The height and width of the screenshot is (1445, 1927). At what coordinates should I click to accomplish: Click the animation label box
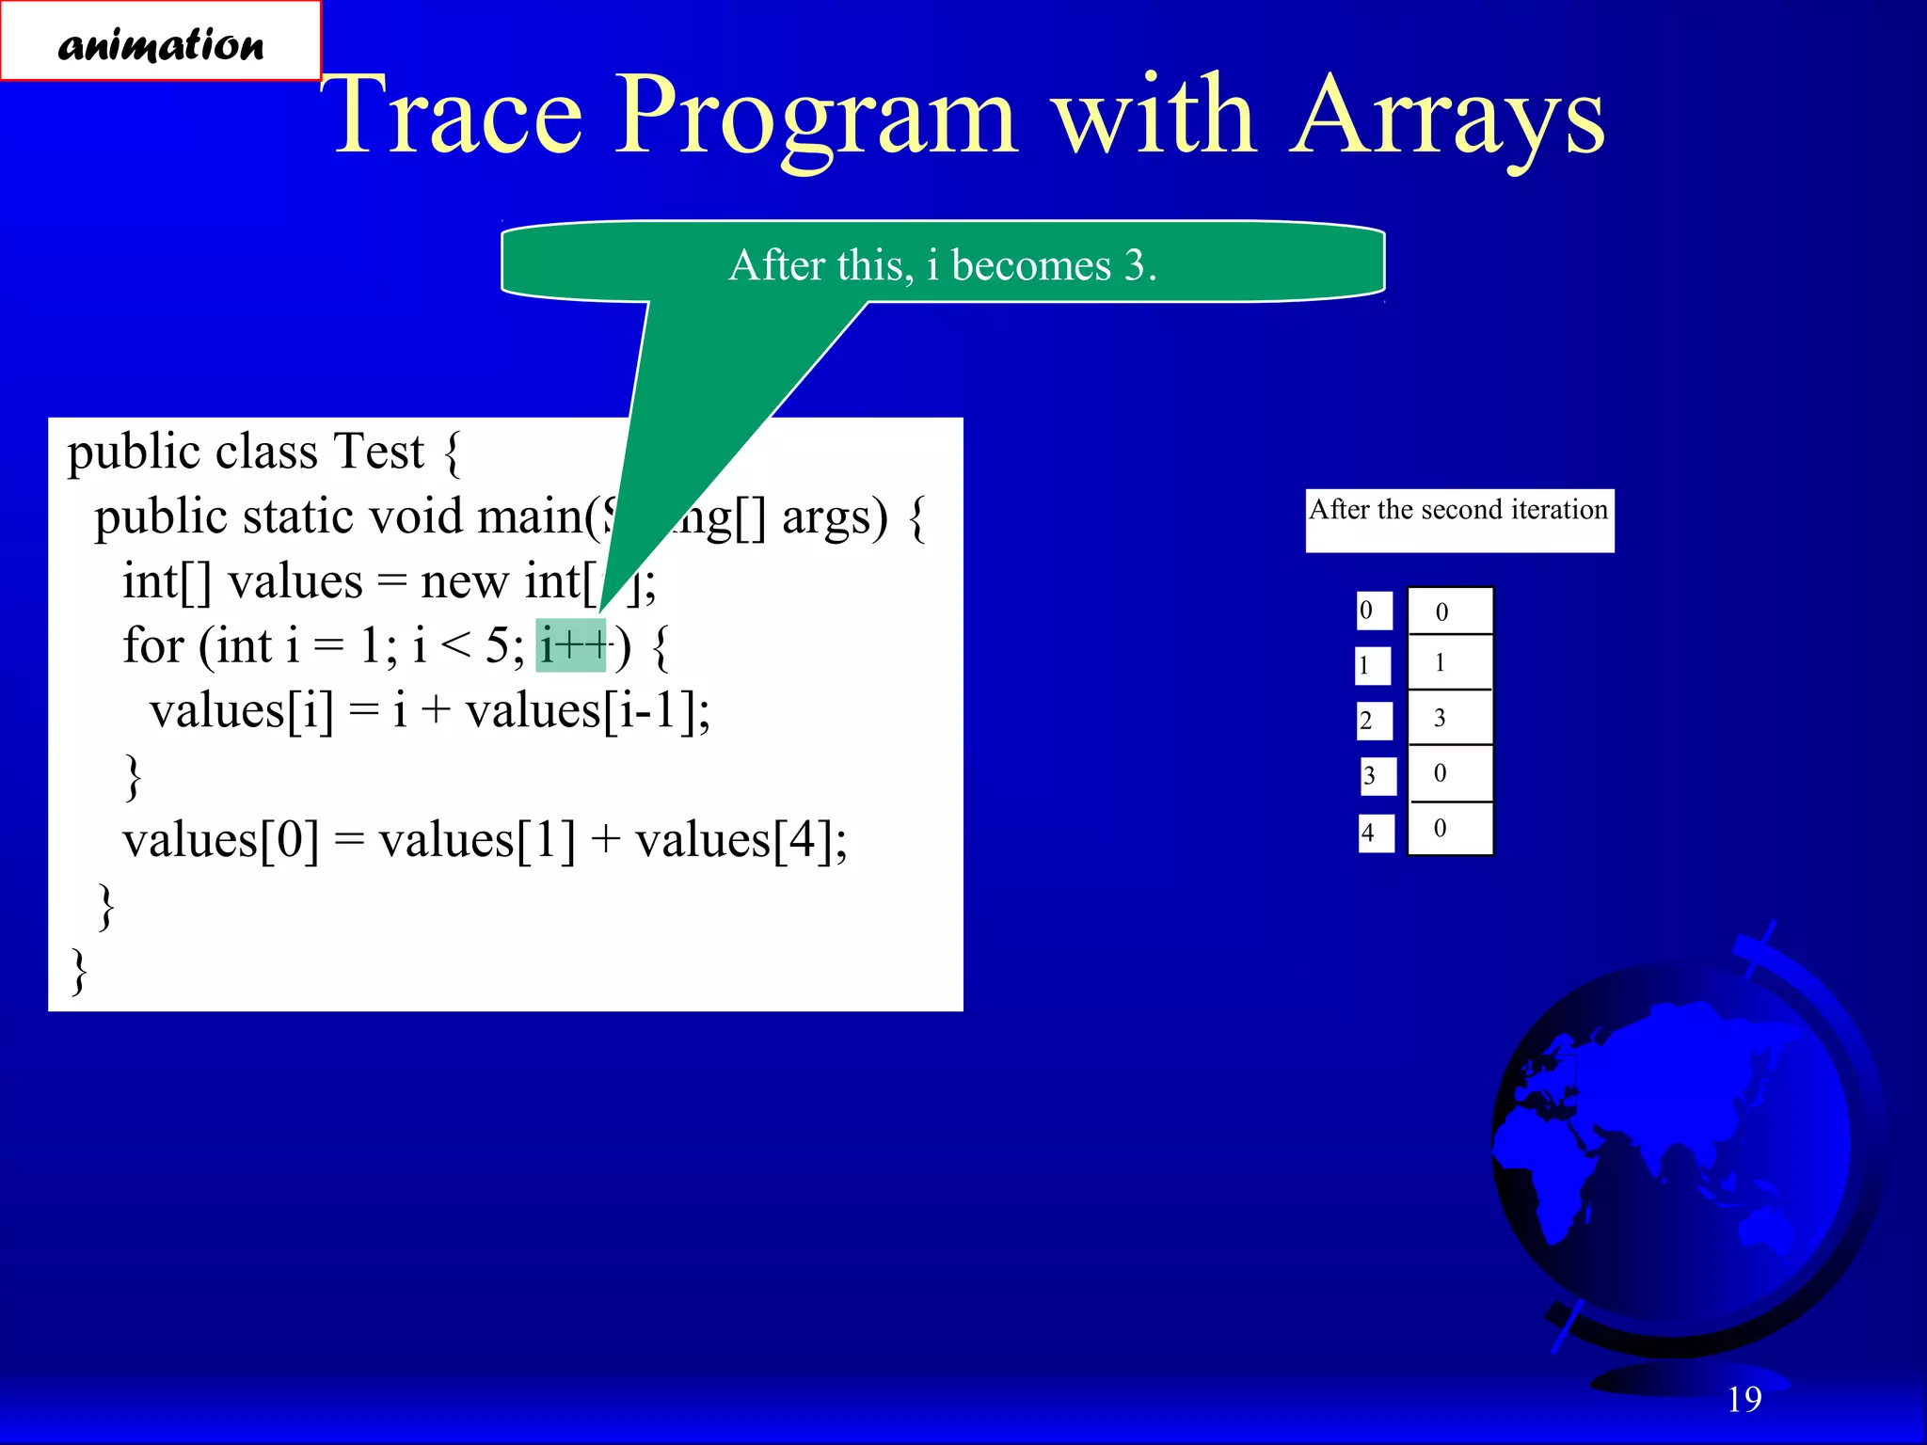pos(160,41)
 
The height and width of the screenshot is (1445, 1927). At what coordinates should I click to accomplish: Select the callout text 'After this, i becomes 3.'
pos(942,265)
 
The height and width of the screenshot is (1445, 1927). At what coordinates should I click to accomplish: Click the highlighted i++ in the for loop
pos(571,646)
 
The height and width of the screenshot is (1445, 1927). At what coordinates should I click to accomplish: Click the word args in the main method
pos(834,516)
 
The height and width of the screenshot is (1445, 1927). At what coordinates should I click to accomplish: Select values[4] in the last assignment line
pos(740,840)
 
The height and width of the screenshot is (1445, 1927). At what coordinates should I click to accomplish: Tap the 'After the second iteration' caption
pos(1458,511)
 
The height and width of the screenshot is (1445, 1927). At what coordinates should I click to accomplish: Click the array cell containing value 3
pos(1449,719)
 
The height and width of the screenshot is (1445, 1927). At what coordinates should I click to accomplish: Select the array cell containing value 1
pos(1449,663)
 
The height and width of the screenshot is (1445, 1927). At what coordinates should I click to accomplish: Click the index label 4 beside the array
pos(1376,833)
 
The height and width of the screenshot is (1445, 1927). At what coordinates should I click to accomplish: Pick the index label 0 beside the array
pos(1374,611)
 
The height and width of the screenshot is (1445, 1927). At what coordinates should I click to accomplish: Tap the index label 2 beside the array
pos(1374,722)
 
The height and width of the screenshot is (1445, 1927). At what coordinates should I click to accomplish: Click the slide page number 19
pos(1744,1399)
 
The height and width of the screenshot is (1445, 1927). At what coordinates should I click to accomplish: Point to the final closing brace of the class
pos(80,971)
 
